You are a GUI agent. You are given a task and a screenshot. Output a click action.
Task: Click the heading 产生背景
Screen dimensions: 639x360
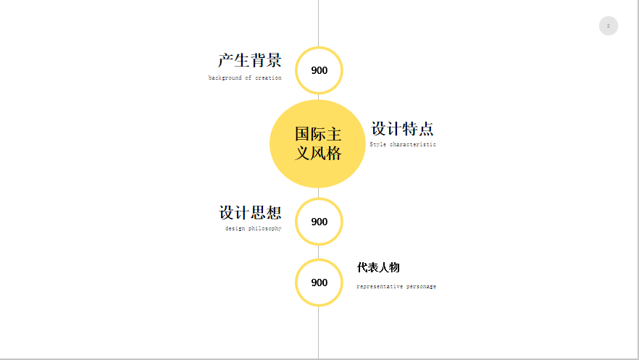(x=249, y=60)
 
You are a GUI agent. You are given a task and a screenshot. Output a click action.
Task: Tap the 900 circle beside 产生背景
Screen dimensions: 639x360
(x=319, y=70)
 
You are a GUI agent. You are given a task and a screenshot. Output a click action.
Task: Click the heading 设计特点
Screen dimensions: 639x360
(x=402, y=129)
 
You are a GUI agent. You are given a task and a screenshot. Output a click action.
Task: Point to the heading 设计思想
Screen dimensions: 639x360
(x=250, y=213)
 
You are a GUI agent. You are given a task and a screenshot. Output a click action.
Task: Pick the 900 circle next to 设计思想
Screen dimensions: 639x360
(x=319, y=222)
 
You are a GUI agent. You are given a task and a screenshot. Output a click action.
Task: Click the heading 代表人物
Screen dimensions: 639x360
(x=378, y=267)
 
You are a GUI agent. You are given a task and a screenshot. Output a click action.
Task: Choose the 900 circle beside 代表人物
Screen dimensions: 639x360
(x=319, y=282)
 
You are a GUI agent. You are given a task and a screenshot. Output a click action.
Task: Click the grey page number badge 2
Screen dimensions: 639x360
(x=608, y=26)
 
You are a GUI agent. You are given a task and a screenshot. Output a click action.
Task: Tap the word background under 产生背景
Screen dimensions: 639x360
(x=223, y=78)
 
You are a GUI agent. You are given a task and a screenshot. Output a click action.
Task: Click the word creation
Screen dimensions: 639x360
(x=268, y=78)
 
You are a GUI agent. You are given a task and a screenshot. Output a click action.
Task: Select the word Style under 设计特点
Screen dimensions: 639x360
(x=378, y=144)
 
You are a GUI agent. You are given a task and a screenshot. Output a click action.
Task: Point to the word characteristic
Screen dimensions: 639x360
(x=413, y=144)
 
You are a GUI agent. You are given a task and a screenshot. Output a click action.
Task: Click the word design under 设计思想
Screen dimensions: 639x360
(x=235, y=228)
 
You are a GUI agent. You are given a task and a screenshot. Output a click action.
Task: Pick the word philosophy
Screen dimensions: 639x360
(x=265, y=228)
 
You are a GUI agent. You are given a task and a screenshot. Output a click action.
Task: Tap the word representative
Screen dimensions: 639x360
(x=379, y=286)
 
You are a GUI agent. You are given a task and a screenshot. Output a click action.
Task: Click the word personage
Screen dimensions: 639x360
(x=421, y=286)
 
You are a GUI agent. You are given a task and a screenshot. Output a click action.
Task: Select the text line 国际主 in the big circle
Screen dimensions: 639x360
(x=318, y=135)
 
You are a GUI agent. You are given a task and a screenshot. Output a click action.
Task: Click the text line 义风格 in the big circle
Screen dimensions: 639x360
(x=318, y=153)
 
